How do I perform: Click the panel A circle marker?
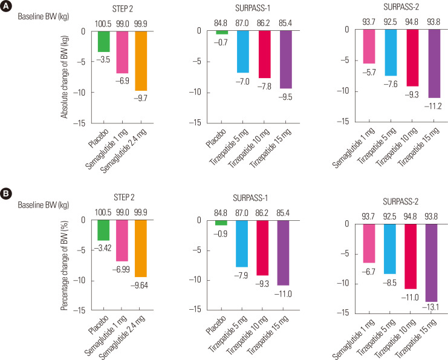(6, 8)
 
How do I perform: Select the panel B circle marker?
(6, 194)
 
